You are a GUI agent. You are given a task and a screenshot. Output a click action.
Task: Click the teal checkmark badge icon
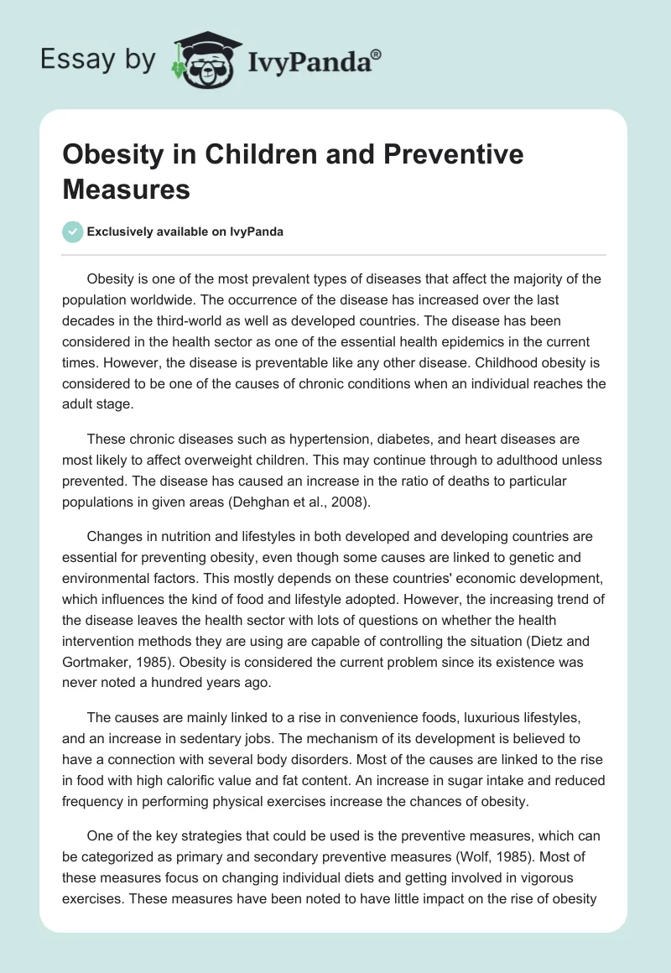point(74,232)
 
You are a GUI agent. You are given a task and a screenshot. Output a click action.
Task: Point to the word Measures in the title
point(126,189)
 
